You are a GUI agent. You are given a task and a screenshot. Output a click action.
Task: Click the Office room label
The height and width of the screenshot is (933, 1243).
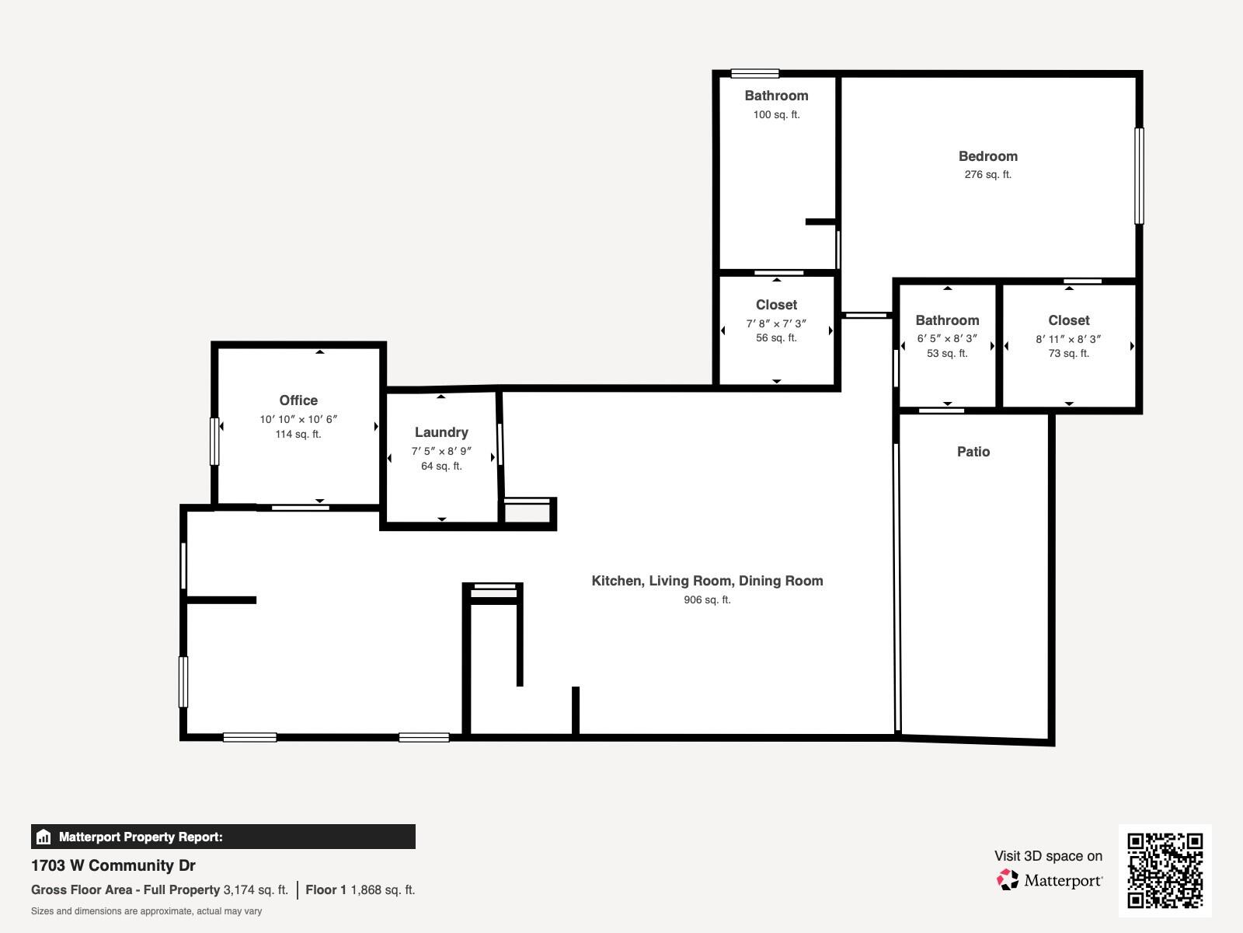click(298, 400)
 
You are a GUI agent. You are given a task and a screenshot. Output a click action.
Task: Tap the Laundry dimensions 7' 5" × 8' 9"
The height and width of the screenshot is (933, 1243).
click(441, 451)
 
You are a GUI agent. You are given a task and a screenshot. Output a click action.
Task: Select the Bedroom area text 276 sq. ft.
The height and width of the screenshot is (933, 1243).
click(987, 175)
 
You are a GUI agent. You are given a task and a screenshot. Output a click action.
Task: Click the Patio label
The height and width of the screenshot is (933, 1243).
click(973, 452)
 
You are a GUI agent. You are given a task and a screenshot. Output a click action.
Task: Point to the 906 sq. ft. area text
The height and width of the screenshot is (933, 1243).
click(707, 599)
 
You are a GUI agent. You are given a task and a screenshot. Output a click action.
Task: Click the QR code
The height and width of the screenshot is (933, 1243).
click(1165, 870)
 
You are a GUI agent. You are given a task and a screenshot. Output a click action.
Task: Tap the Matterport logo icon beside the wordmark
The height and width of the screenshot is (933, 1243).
click(1008, 880)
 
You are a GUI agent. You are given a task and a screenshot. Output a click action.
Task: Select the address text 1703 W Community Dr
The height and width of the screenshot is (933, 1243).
click(113, 865)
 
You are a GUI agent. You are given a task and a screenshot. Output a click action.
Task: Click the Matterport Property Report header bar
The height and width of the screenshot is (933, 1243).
click(223, 837)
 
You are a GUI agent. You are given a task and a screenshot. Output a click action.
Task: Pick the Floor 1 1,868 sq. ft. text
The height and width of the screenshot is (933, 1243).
click(360, 889)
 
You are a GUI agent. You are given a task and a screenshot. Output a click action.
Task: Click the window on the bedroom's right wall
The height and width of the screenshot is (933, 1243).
click(1139, 176)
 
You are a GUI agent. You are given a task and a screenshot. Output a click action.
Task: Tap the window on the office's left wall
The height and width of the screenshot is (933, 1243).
click(214, 442)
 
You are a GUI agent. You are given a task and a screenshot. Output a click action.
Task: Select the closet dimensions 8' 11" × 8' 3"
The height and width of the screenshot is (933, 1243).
click(1068, 339)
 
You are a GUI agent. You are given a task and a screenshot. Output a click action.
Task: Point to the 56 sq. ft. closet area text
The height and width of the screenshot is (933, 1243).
click(776, 337)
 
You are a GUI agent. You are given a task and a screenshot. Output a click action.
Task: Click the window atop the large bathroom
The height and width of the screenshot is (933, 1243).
click(754, 74)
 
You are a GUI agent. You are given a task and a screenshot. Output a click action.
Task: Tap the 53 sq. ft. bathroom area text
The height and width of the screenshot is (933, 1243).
click(947, 353)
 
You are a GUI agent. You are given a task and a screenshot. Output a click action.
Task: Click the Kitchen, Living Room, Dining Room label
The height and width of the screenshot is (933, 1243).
click(707, 581)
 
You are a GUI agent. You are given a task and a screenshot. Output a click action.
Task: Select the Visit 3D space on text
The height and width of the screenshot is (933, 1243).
click(1048, 856)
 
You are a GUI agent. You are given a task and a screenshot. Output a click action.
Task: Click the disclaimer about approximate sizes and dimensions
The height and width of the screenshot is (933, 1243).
click(146, 911)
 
